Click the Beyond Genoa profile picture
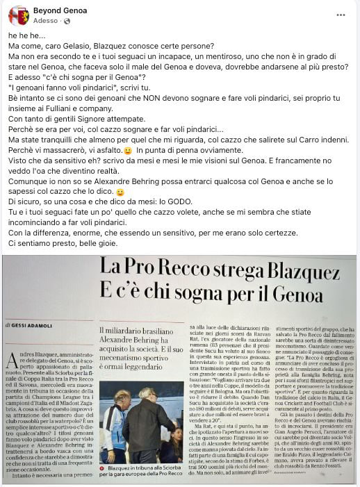coord(19,15)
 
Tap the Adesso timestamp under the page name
coord(45,22)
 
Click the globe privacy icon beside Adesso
coord(67,22)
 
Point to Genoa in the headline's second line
coord(308,294)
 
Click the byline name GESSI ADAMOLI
coord(31,324)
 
